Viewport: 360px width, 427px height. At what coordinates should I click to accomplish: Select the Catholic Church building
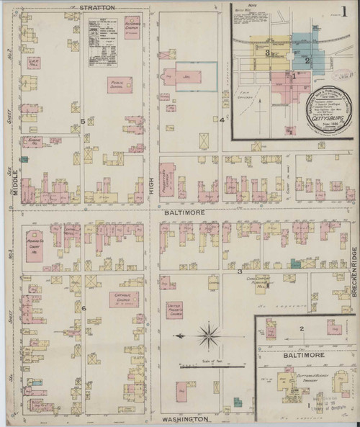click(x=124, y=298)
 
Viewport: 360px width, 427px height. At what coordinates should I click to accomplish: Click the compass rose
click(x=209, y=336)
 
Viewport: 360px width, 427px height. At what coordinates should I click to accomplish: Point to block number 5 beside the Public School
click(x=84, y=121)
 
